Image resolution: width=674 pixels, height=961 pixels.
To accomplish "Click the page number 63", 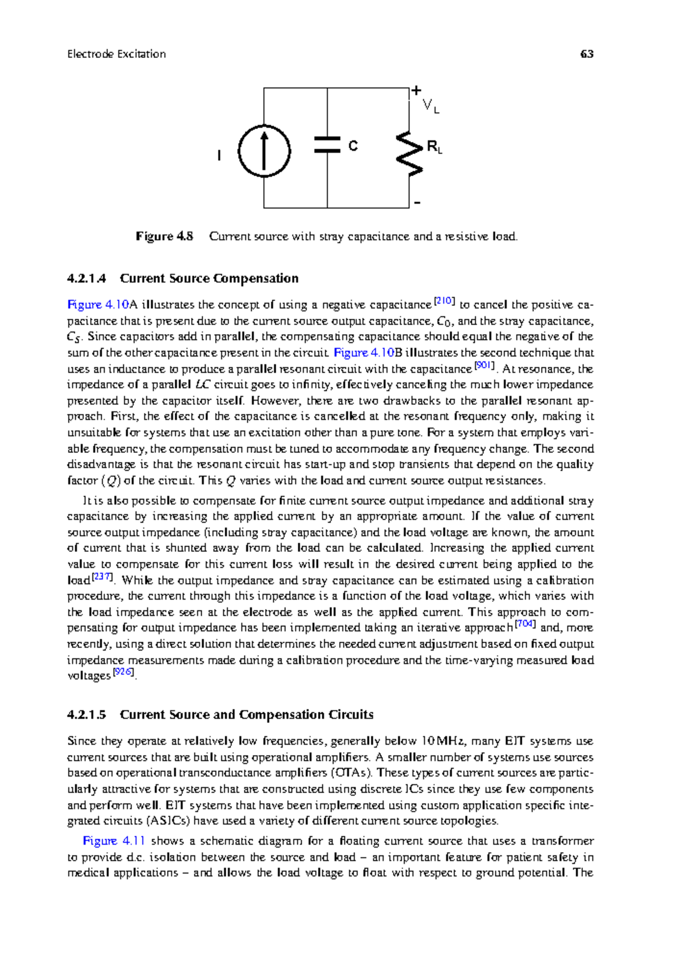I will [587, 54].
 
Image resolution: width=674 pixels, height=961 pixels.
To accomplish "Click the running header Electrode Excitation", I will [116, 54].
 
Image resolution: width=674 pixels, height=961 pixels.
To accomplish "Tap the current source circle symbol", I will [264, 152].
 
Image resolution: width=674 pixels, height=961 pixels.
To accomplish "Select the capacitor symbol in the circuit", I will [327, 144].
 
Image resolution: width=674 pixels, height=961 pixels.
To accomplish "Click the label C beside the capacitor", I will [353, 146].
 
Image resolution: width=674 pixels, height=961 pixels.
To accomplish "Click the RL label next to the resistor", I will [434, 148].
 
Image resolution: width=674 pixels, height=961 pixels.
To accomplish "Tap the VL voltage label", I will [430, 106].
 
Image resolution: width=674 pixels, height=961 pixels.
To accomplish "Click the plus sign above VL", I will [416, 90].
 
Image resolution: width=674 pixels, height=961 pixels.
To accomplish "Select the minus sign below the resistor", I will [417, 203].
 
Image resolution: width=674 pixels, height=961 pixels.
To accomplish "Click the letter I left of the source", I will [219, 155].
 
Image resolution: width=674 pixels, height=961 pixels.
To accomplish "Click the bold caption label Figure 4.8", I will [164, 236].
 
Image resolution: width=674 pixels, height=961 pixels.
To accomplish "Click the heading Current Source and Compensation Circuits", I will [247, 715].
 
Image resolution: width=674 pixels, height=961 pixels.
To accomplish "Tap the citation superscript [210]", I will [444, 301].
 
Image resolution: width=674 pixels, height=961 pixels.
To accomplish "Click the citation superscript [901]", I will [484, 366].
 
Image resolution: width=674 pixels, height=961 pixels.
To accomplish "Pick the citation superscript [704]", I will [525, 624].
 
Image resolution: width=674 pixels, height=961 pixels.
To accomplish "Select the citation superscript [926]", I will [124, 672].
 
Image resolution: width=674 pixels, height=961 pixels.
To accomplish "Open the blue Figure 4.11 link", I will [114, 841].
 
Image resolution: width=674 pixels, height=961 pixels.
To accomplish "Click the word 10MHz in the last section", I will [443, 741].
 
